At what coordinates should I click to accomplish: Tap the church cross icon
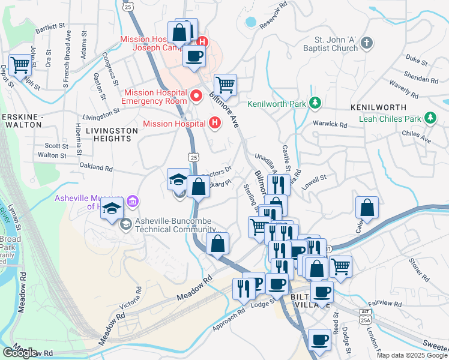(367, 43)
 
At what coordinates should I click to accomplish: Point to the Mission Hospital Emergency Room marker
(196, 95)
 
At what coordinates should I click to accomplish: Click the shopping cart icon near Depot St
(20, 64)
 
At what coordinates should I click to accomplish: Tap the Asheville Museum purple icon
(133, 202)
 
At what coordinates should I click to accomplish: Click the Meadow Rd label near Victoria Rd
(195, 289)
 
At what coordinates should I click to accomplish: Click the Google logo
(20, 353)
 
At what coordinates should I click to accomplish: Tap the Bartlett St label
(50, 27)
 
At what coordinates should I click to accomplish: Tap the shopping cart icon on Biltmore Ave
(225, 86)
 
